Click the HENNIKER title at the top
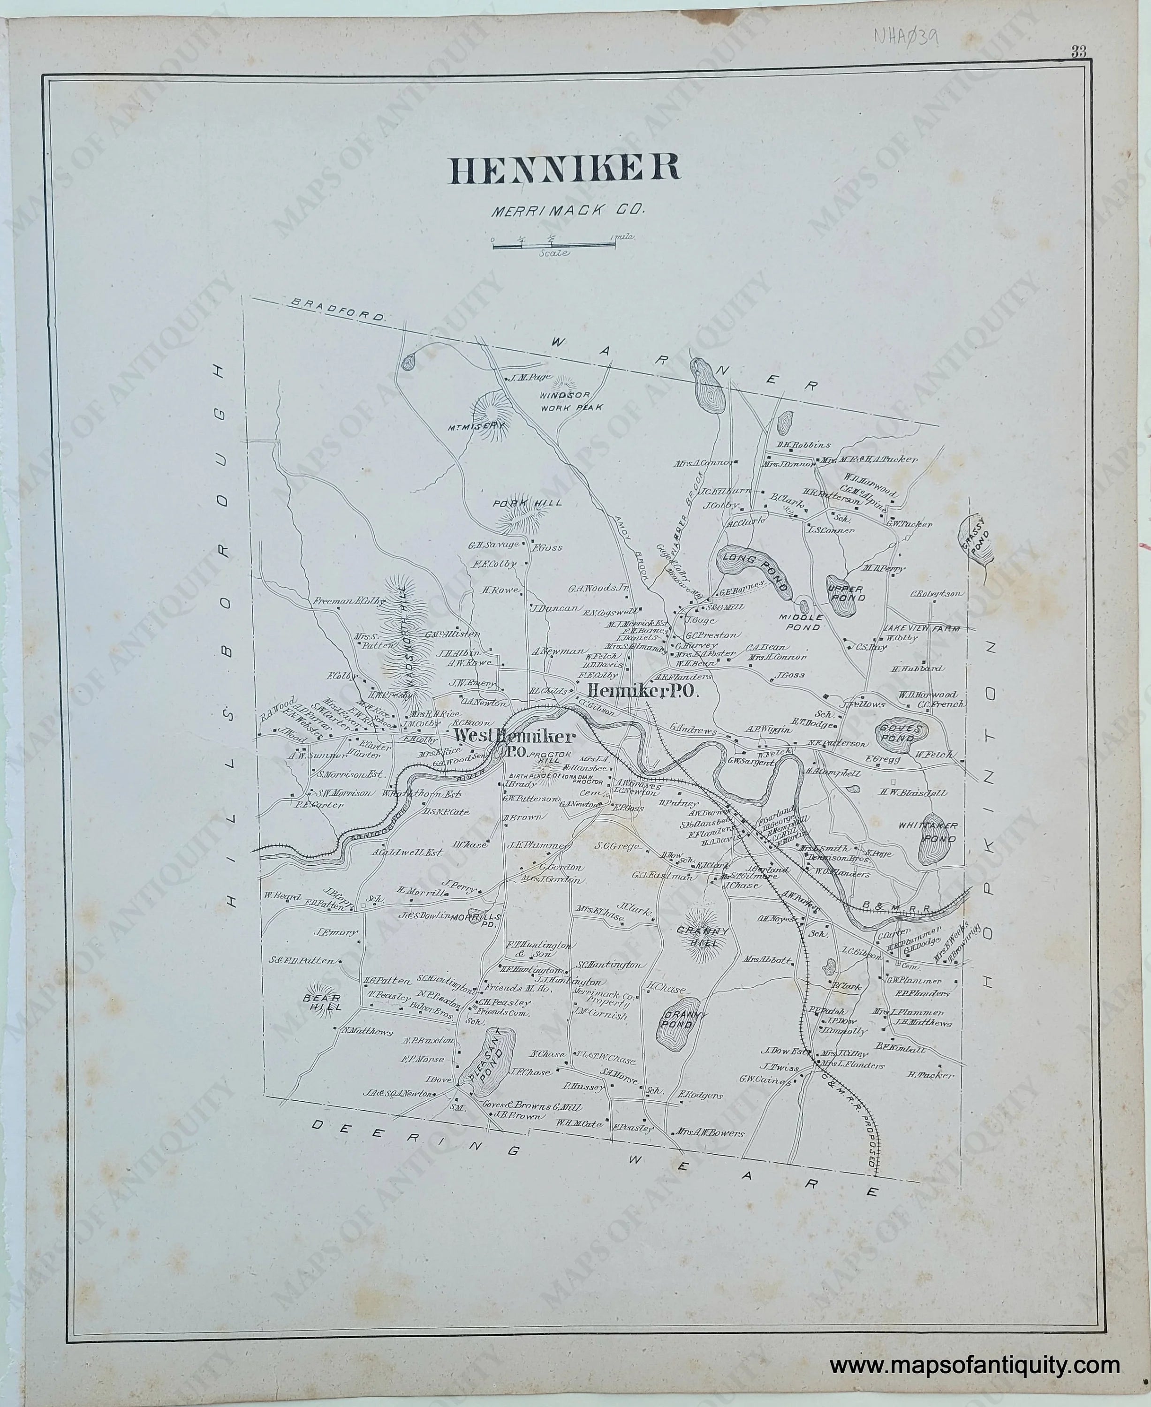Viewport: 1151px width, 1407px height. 565,170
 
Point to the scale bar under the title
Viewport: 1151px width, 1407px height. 554,246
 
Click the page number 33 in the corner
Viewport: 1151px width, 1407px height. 1077,53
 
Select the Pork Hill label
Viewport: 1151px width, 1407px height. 527,503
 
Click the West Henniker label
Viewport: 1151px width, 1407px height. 515,737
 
